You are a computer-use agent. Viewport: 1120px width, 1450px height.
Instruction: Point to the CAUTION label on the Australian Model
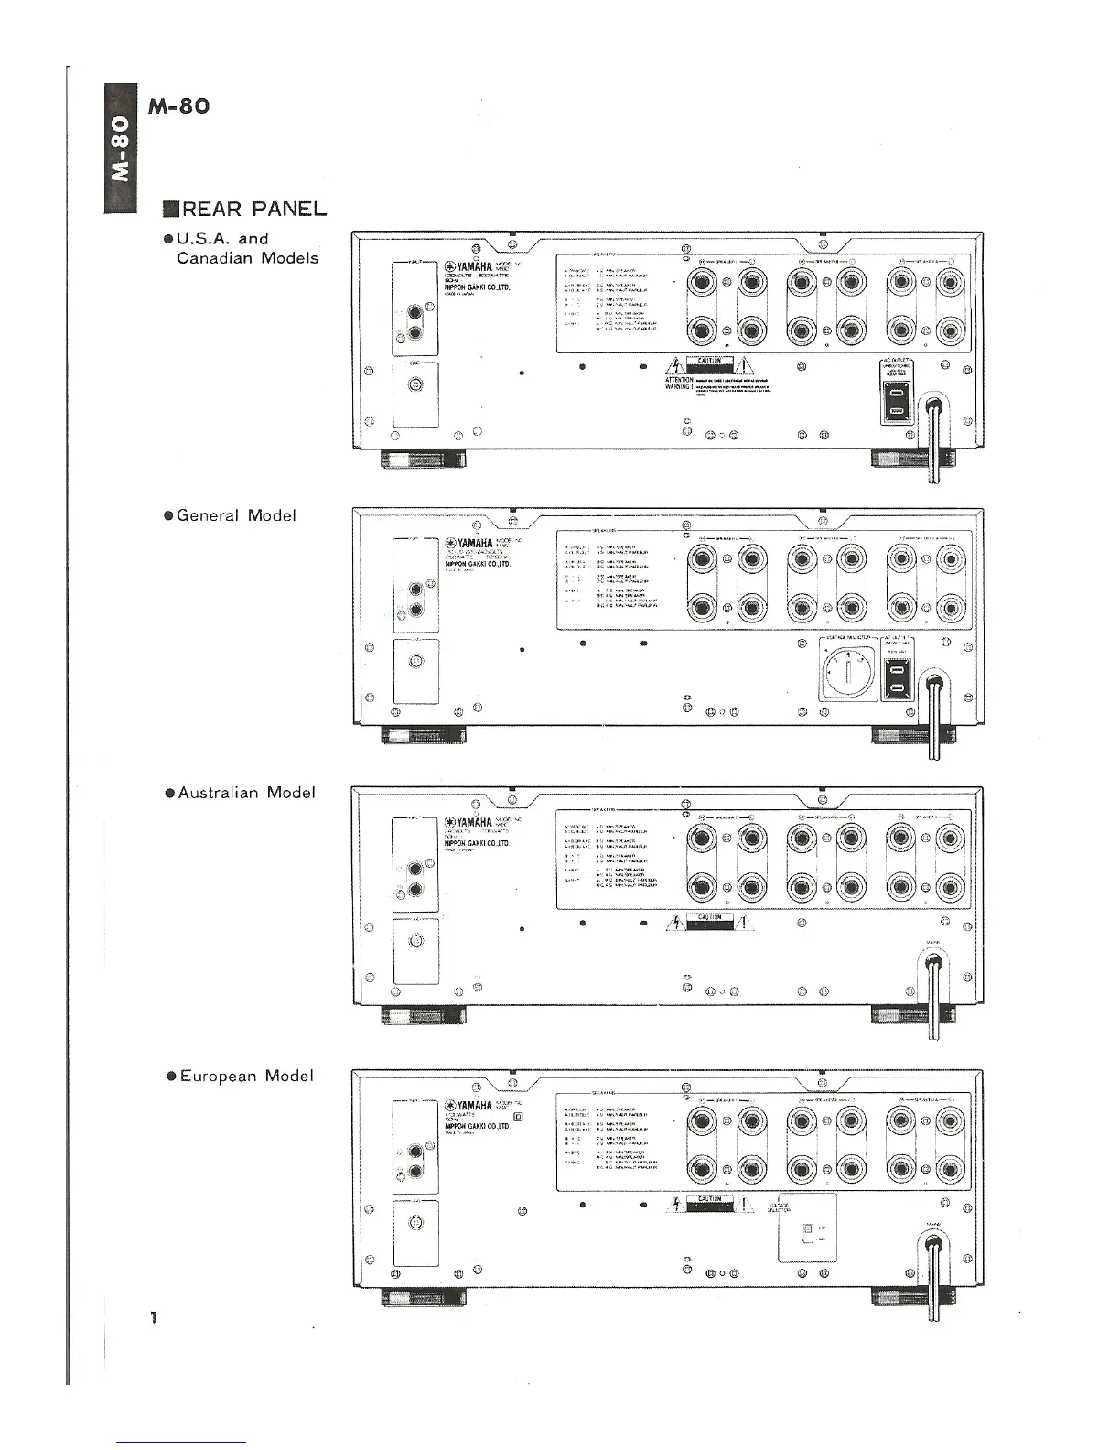coord(710,919)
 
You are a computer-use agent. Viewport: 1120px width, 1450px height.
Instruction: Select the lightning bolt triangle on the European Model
coord(676,1204)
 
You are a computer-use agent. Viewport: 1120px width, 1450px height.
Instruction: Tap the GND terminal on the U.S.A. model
coord(415,385)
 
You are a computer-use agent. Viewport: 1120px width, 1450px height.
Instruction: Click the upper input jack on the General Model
coord(417,590)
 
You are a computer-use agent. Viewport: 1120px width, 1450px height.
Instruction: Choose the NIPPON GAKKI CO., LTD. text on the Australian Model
coord(477,842)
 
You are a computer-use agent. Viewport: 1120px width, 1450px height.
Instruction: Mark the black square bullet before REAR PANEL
coord(168,210)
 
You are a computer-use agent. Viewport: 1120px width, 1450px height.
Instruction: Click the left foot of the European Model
coord(423,1297)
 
